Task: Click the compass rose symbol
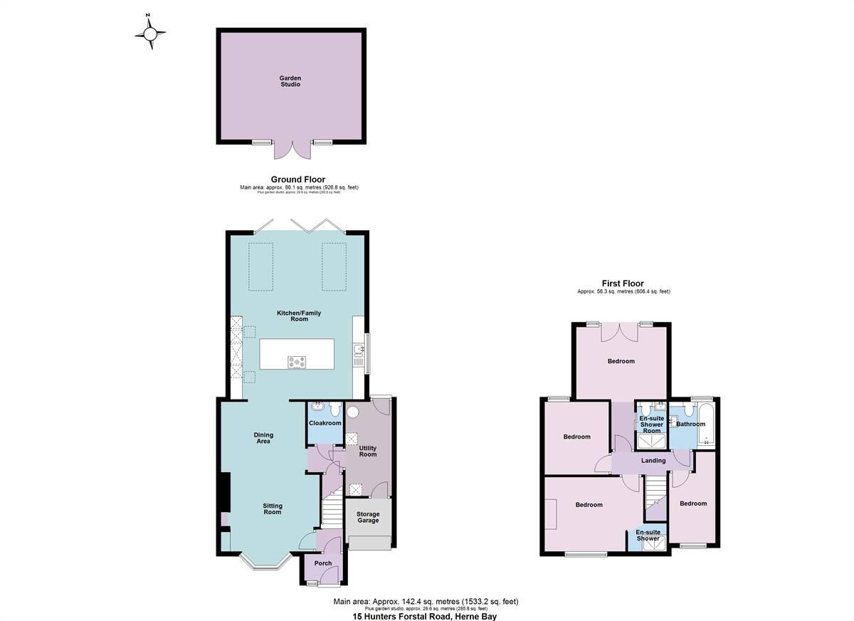pyautogui.click(x=151, y=32)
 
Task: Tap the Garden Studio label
pyautogui.click(x=290, y=81)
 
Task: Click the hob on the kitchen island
pyautogui.click(x=297, y=362)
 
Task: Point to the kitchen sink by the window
pyautogui.click(x=358, y=350)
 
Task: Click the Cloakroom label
pyautogui.click(x=325, y=423)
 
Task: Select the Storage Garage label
pyautogui.click(x=368, y=517)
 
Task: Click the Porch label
pyautogui.click(x=322, y=563)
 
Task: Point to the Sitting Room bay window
pyautogui.click(x=263, y=563)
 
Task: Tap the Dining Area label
pyautogui.click(x=263, y=438)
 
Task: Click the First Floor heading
pyautogui.click(x=623, y=283)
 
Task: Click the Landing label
pyautogui.click(x=653, y=461)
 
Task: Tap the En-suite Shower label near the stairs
pyautogui.click(x=648, y=536)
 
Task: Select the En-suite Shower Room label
pyautogui.click(x=652, y=424)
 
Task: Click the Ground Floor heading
pyautogui.click(x=298, y=179)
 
